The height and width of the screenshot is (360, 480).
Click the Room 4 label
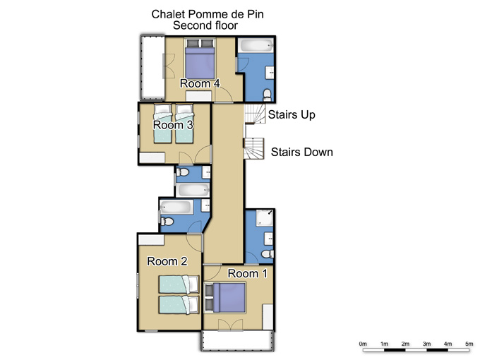[x=200, y=83]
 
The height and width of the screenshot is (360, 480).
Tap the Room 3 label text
[x=173, y=125]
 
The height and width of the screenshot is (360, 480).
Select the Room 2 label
[x=167, y=261]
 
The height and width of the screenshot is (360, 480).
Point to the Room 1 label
[x=248, y=273]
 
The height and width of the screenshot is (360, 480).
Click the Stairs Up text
[x=292, y=114]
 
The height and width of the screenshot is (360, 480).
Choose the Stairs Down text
[x=302, y=152]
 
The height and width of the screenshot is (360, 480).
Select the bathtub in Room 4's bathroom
[x=256, y=45]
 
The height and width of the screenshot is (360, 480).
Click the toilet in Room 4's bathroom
[x=268, y=95]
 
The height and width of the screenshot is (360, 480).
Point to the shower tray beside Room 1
[x=265, y=217]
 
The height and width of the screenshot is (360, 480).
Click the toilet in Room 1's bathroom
[x=268, y=254]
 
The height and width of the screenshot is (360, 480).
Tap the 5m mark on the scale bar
[x=469, y=344]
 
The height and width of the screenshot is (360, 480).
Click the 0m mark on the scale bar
[x=363, y=344]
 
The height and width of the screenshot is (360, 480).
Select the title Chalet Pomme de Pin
[x=208, y=14]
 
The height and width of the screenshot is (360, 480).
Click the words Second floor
[x=205, y=25]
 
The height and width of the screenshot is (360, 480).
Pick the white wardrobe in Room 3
[x=152, y=158]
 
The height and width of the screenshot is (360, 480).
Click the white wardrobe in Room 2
[x=151, y=240]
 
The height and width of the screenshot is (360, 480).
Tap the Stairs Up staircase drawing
[x=255, y=114]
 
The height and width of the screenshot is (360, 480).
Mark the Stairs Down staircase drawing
[x=254, y=148]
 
